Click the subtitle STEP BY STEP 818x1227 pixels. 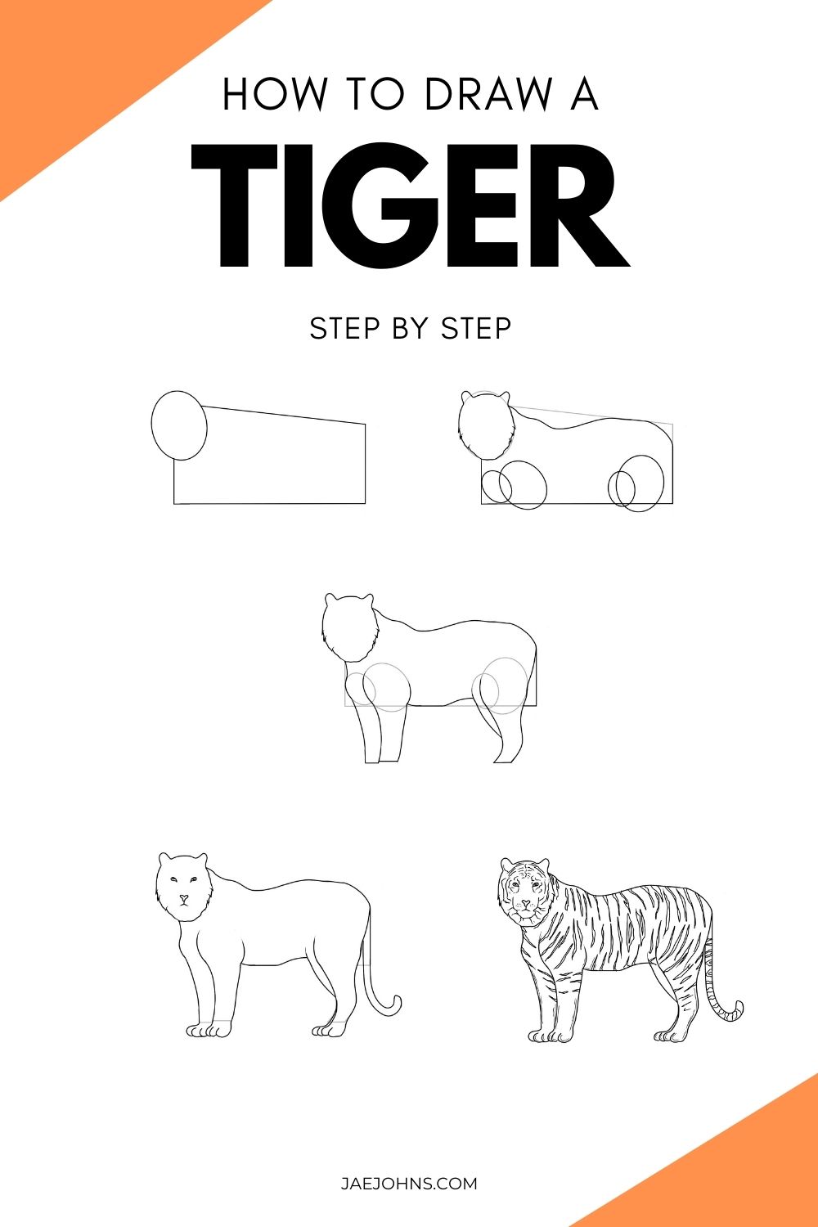point(410,328)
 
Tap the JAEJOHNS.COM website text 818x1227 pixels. point(409,1184)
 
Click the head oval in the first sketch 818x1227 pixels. point(179,425)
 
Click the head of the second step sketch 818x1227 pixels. point(486,425)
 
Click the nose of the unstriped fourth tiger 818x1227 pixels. point(184,897)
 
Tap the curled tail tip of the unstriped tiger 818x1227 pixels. point(395,1005)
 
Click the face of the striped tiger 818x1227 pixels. point(524,892)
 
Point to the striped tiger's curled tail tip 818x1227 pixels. point(736,1010)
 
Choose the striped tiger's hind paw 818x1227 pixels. point(675,1036)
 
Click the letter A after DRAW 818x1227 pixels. point(583,94)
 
